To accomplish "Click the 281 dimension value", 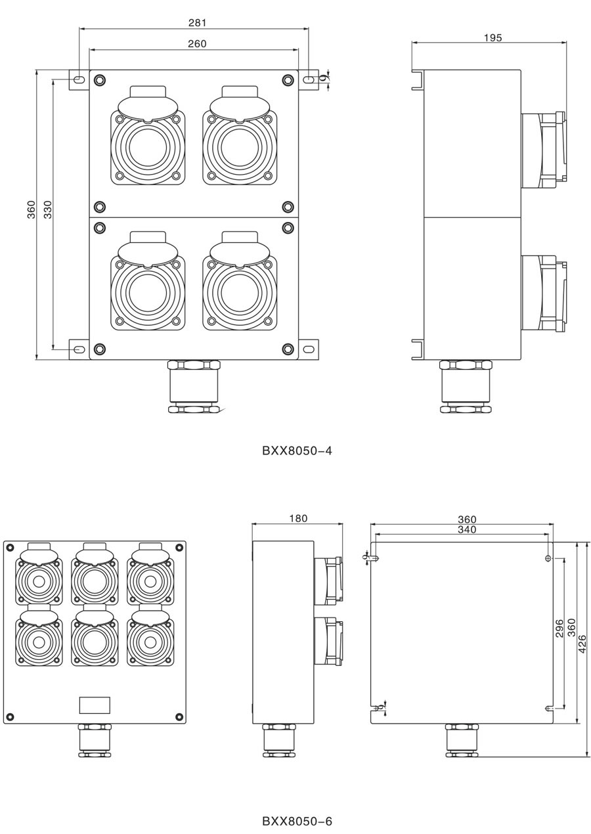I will tap(197, 22).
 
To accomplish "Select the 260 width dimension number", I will tap(197, 44).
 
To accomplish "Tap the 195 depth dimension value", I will tap(492, 37).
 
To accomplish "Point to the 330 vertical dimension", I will tap(48, 209).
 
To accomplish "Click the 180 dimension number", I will tap(298, 518).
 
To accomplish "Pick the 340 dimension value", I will tap(467, 529).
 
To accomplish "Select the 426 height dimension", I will tap(582, 645).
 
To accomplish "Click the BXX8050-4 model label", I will tap(297, 450).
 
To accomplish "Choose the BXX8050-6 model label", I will tap(297, 821).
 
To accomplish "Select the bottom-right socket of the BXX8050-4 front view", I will tap(240, 292).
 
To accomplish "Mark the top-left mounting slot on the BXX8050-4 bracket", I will tap(79, 79).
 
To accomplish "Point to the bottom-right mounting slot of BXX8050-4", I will tap(309, 349).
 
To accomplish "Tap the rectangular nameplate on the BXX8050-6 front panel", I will tap(95, 705).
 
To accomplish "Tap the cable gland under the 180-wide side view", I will tap(278, 740).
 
